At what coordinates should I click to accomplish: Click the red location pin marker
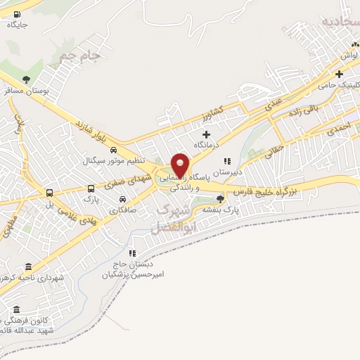click(x=180, y=165)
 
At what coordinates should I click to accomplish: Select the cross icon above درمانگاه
click(x=207, y=134)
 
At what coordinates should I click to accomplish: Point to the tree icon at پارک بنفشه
click(x=220, y=200)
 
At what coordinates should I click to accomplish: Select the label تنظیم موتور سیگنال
click(x=114, y=161)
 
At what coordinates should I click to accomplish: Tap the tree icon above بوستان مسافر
click(x=27, y=79)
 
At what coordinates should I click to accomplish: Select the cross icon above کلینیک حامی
click(x=339, y=74)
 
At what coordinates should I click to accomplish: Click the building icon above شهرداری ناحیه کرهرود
click(x=28, y=266)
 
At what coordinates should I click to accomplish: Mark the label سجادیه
click(x=340, y=22)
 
